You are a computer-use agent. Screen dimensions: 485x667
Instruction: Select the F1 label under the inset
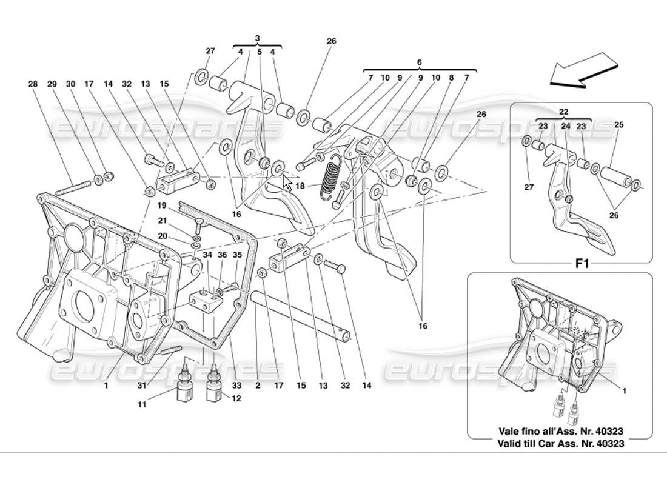click(582, 264)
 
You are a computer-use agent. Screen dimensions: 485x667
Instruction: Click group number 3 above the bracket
click(258, 38)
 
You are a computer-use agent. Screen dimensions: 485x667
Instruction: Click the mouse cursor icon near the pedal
click(287, 182)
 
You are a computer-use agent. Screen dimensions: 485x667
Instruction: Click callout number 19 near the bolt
click(163, 206)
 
